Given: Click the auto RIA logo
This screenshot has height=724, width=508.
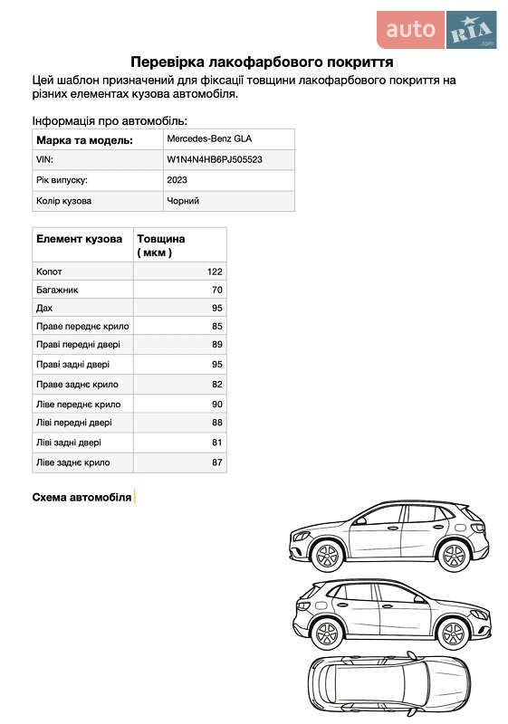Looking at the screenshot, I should [436, 30].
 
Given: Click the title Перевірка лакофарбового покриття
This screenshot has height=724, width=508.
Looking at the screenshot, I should [262, 62].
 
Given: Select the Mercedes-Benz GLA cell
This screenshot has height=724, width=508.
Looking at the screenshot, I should [209, 139].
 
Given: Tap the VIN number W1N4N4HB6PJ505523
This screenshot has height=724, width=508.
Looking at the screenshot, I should [215, 159].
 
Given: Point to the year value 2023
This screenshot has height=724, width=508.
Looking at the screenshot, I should [177, 180].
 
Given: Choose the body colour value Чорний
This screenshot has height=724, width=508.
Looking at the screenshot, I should [183, 201].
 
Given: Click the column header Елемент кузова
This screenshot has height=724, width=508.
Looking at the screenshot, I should [79, 239].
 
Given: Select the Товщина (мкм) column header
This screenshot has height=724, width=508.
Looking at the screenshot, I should [161, 245].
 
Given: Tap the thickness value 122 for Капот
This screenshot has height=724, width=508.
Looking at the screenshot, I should [215, 271].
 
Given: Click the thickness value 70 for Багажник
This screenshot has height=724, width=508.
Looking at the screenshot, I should [216, 291].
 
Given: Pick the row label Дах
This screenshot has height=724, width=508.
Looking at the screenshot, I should [44, 309].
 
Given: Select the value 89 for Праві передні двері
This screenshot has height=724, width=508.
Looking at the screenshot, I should [216, 345].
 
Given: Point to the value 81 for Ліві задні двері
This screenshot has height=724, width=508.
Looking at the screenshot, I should [216, 443].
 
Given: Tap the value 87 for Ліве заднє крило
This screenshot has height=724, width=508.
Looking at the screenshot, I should [216, 462].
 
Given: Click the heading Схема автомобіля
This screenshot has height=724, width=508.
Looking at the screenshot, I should [81, 497].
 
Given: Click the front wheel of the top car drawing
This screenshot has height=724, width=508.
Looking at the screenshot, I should [325, 553].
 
